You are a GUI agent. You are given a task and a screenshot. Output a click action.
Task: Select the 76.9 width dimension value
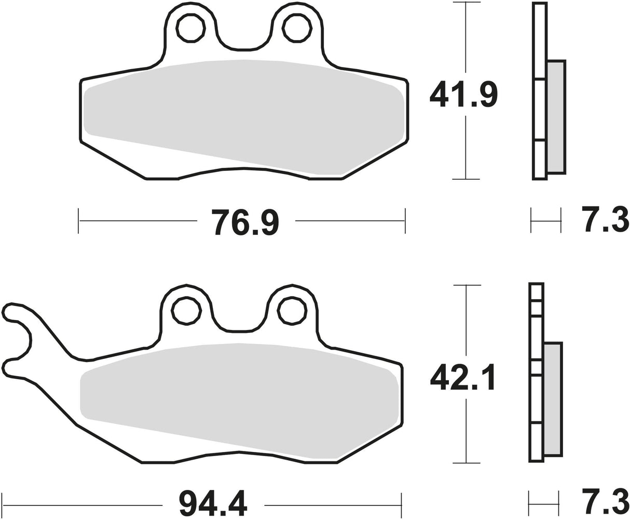tap(245, 222)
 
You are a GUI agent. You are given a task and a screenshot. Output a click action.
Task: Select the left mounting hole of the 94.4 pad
tap(186, 311)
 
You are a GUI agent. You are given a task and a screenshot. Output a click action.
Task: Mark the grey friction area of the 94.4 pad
tap(239, 395)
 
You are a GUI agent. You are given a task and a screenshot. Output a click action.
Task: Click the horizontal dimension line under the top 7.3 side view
tap(546, 221)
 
